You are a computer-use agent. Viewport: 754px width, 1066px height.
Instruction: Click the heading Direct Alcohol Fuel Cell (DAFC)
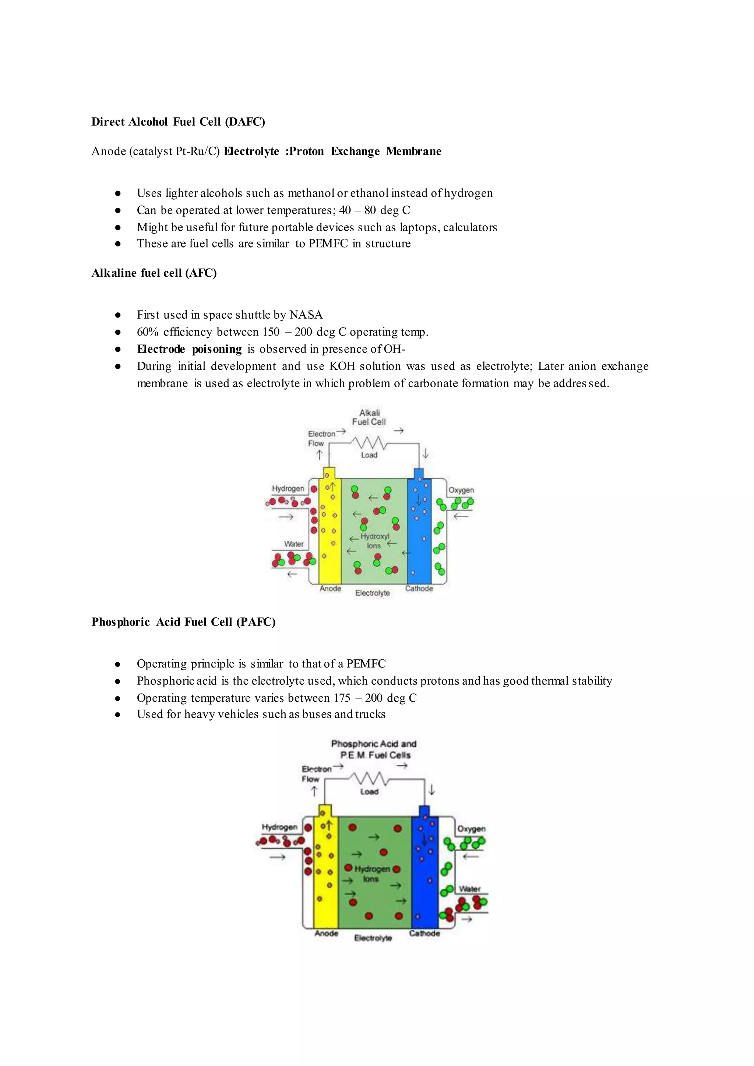[x=178, y=122]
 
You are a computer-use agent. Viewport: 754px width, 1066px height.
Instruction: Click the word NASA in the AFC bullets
[x=306, y=315]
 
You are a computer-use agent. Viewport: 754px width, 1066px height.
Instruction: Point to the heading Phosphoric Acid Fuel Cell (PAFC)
[x=183, y=622]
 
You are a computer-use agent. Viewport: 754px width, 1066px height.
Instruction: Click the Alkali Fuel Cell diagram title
[x=369, y=417]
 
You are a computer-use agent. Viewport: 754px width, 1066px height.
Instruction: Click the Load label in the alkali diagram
[x=369, y=455]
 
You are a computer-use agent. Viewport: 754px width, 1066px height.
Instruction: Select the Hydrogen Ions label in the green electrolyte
[x=372, y=874]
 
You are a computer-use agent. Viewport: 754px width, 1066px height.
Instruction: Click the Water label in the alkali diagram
[x=294, y=544]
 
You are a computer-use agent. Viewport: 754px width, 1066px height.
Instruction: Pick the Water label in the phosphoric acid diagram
[x=469, y=889]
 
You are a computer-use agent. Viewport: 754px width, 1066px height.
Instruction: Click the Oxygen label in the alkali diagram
[x=461, y=491]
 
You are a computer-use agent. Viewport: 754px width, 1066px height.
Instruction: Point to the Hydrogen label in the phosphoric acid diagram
[x=279, y=827]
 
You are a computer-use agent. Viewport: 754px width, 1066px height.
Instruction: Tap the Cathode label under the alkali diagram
[x=419, y=589]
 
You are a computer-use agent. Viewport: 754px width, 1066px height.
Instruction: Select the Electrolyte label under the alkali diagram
[x=372, y=593]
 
